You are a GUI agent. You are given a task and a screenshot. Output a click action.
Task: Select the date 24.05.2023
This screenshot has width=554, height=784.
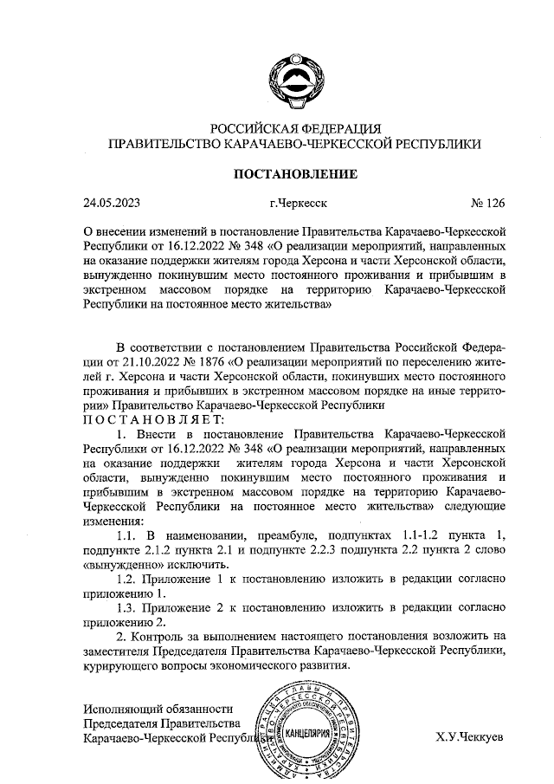[112, 204]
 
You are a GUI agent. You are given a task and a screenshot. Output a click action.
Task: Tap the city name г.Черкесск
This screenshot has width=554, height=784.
[298, 204]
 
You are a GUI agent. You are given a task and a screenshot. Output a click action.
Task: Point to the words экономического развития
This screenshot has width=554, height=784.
[285, 667]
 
